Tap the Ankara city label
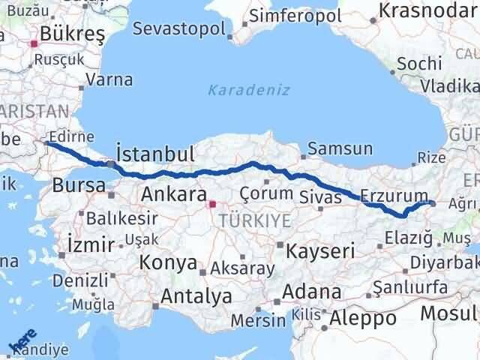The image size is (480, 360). coord(174,195)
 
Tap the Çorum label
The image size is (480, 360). coord(265,193)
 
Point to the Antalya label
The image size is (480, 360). coord(196,296)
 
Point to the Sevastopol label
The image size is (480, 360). coord(180,29)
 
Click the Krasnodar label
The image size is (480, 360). coord(429,12)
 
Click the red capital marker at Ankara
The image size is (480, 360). coord(212,203)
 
